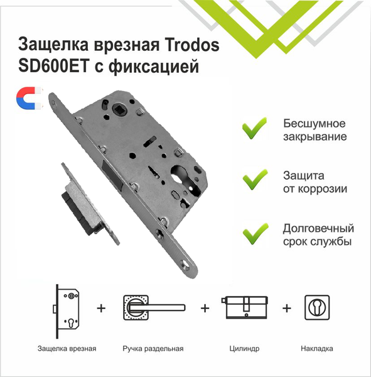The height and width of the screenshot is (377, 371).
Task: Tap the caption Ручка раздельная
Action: [154, 347]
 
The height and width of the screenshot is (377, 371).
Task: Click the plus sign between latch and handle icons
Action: [100, 309]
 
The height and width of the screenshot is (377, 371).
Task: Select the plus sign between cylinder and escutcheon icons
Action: [287, 309]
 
